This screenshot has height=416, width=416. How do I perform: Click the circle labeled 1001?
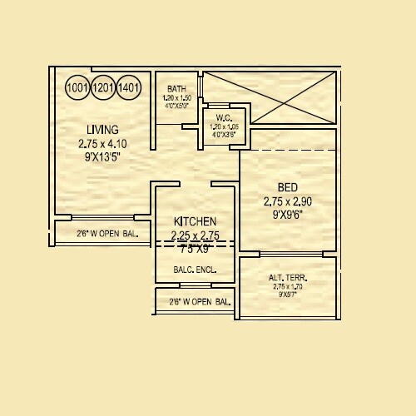coord(77,87)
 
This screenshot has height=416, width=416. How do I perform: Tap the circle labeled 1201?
coord(103,87)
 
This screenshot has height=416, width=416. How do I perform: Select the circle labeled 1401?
coord(129,87)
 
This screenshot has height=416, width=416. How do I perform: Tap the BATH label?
coord(176,89)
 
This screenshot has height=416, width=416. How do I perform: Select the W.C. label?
coord(223,117)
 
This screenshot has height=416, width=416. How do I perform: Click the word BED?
coord(287,187)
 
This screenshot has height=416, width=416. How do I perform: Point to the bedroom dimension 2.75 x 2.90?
coord(287,201)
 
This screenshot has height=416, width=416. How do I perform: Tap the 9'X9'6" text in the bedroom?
coord(287,214)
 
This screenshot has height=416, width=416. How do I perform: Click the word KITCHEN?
coord(195,221)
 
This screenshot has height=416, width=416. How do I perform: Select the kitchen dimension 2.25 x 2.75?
coord(195,235)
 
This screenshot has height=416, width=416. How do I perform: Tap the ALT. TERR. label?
coord(288,278)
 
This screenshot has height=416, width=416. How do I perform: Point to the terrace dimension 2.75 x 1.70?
coord(288,287)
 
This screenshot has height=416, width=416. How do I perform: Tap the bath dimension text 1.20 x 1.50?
coord(176,98)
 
